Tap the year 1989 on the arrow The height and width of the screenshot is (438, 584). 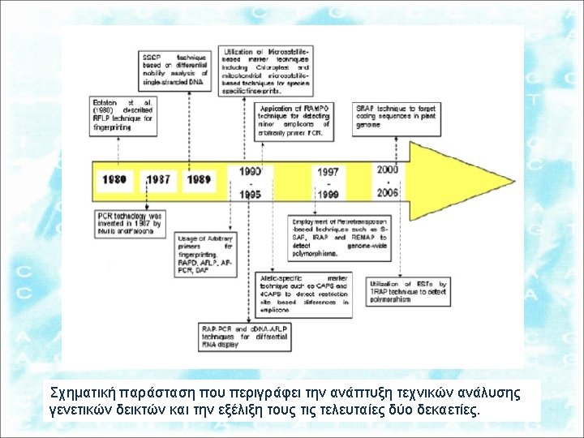coord(198,178)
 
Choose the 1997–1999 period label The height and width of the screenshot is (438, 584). coord(328,183)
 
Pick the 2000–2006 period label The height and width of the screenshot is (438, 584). coord(389,181)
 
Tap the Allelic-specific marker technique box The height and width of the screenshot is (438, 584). coord(304,293)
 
